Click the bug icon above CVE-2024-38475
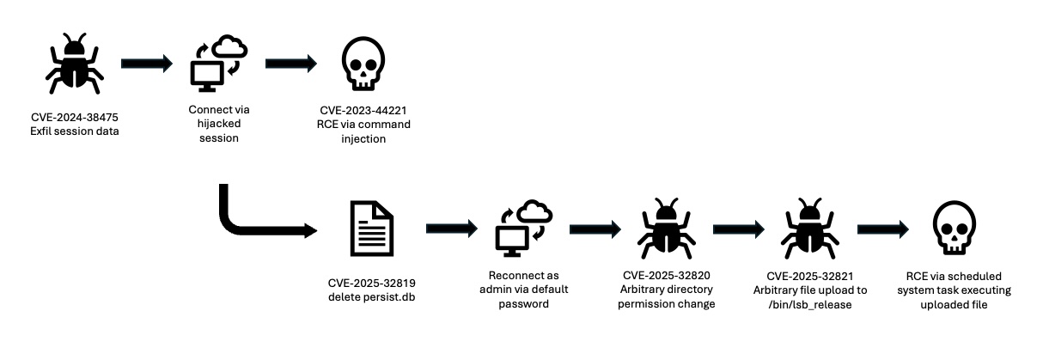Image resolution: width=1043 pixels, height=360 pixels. pyautogui.click(x=76, y=64)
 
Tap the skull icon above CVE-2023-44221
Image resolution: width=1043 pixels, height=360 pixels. pyautogui.click(x=362, y=65)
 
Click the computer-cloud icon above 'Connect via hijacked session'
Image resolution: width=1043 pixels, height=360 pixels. pyautogui.click(x=217, y=64)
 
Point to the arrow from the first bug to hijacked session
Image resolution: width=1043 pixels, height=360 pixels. pyautogui.click(x=147, y=64)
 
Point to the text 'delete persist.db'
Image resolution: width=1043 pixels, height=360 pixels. pyautogui.click(x=371, y=296)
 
